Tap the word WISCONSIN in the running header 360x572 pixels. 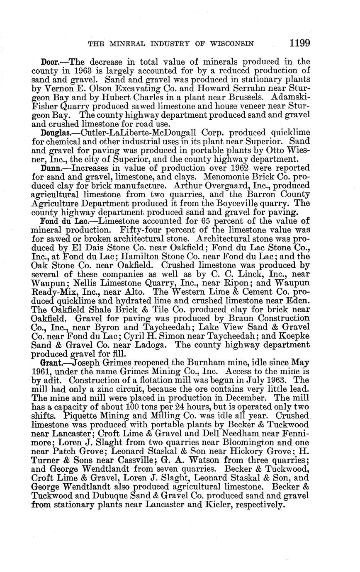click(233, 43)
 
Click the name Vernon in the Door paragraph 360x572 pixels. click(54, 88)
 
